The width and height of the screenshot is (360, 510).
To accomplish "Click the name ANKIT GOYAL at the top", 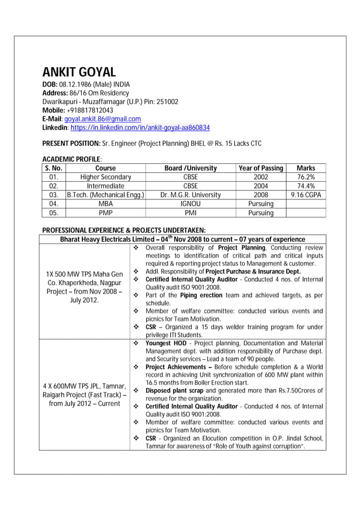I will coord(79,72).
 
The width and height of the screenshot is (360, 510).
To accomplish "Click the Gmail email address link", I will coord(103,119).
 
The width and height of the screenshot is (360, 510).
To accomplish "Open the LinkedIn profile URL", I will coord(140,128).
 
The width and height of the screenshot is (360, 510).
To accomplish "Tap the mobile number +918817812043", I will coord(90,110).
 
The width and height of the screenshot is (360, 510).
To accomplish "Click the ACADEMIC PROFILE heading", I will coord(72,160).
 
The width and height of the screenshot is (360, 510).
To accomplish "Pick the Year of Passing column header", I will coord(261,168).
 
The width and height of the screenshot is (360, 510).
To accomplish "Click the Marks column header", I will coord(306,168).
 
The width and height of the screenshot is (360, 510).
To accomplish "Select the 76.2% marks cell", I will coord(306,177).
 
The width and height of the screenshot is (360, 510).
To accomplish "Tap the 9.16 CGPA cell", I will coord(306,195).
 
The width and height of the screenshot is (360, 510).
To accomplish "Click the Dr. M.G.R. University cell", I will coord(191,195).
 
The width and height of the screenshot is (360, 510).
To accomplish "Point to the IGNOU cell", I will coord(191,204).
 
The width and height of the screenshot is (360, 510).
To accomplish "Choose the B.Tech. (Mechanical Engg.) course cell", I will coord(106,195).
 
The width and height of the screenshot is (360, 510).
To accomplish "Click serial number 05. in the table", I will coord(54,213).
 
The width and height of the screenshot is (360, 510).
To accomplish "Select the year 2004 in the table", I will coord(261,186).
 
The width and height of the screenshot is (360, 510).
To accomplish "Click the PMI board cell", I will coord(191,213).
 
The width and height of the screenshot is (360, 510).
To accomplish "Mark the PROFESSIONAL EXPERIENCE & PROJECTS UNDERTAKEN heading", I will coord(124,230).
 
